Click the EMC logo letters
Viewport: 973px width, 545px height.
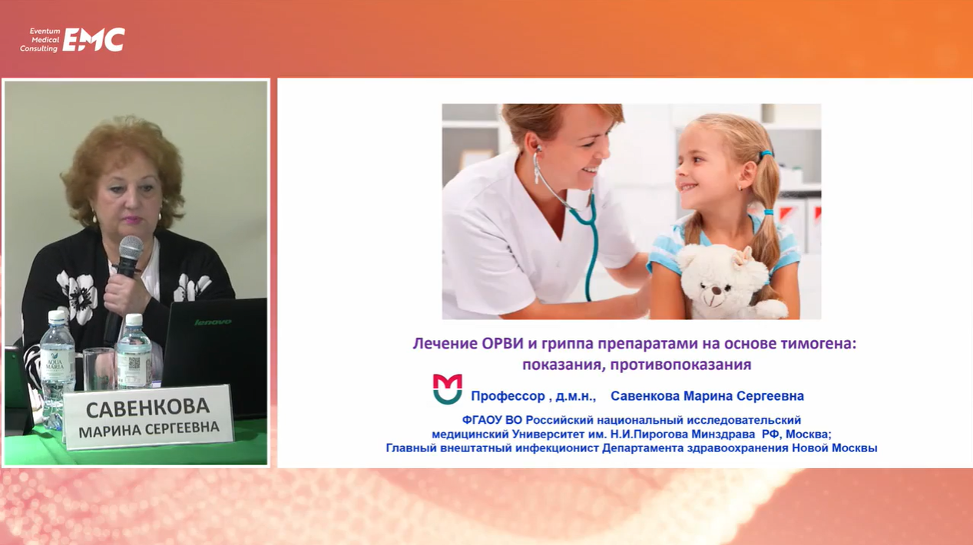coord(94,39)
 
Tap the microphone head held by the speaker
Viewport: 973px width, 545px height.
coord(131,249)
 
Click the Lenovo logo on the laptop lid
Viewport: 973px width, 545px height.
coord(213,322)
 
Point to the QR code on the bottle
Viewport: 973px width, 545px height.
coord(134,363)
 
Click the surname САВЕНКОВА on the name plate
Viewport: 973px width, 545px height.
coord(147,408)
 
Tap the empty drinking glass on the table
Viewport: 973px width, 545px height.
coord(99,368)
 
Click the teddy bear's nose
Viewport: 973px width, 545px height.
coord(713,289)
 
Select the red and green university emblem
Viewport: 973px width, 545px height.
coord(448,389)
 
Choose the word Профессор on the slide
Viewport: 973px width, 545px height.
coord(508,396)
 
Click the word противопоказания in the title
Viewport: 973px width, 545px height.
coord(680,365)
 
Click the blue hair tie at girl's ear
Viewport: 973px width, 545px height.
coord(766,154)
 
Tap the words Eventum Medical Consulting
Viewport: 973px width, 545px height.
coord(40,40)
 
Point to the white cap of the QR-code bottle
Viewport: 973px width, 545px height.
coord(134,319)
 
